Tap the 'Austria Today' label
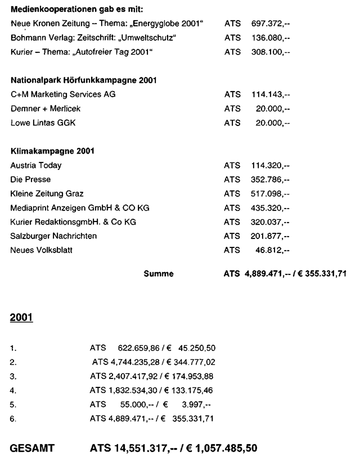click(x=36, y=165)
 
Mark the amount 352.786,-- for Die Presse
click(x=267, y=179)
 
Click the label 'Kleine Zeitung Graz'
click(x=47, y=193)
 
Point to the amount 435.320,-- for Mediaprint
click(x=267, y=207)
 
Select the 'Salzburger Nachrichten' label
click(x=53, y=236)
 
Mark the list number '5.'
click(x=13, y=404)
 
